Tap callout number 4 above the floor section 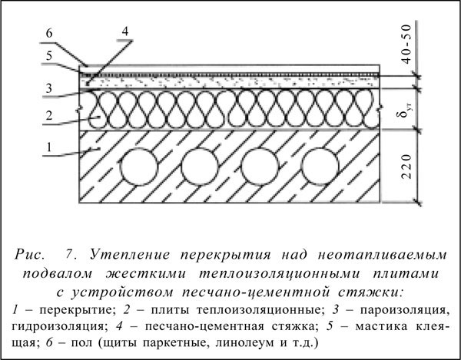[124, 31]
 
